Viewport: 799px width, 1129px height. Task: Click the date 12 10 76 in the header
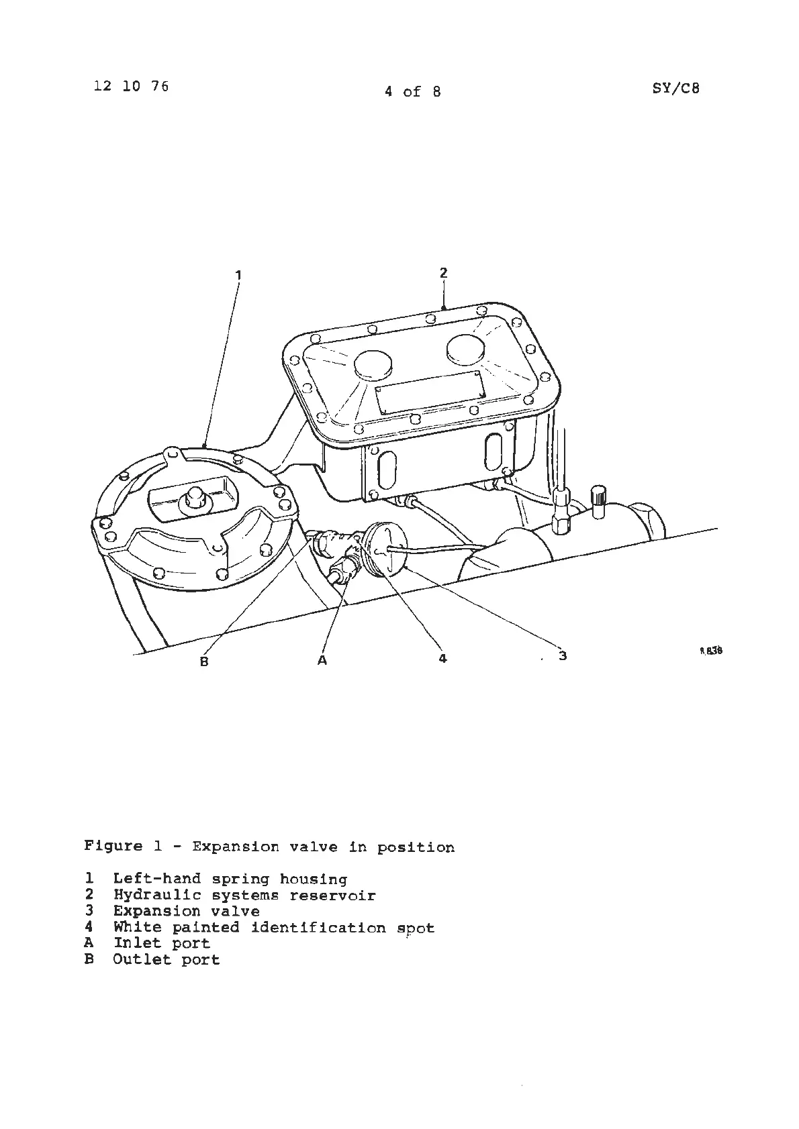click(x=132, y=87)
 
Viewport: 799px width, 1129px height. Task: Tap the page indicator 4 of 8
click(x=412, y=92)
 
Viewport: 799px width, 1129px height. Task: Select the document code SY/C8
click(x=675, y=88)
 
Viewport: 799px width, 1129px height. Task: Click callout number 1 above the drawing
click(x=238, y=274)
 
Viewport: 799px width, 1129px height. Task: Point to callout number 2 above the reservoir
click(x=443, y=272)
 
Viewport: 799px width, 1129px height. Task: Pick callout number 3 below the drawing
click(x=563, y=655)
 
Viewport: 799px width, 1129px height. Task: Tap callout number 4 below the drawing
click(x=442, y=659)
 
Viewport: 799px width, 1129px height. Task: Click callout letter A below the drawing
click(x=322, y=661)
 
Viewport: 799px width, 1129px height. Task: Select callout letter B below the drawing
click(x=204, y=661)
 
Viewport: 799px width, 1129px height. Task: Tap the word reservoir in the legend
click(x=332, y=896)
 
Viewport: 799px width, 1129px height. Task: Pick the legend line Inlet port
click(x=161, y=943)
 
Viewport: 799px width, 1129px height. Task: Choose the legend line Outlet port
click(x=166, y=960)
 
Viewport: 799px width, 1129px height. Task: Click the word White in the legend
click(x=138, y=928)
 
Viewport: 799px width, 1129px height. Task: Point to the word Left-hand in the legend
click(x=156, y=879)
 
